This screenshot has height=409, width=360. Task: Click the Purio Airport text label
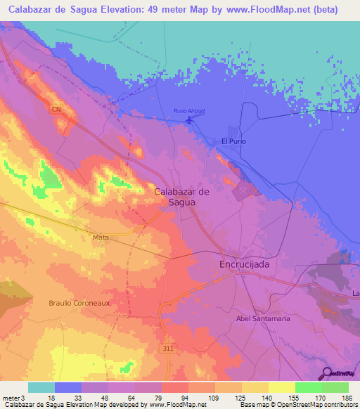tap(189, 111)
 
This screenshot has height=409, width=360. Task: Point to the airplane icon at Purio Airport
tap(189, 121)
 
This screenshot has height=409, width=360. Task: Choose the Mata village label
tap(101, 238)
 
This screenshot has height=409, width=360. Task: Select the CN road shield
tap(56, 109)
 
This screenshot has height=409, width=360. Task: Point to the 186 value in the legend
tap(348, 397)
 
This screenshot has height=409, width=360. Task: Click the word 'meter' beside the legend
tap(11, 397)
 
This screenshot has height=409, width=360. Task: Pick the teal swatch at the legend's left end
tap(41, 387)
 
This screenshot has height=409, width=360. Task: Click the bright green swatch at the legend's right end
tap(335, 387)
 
